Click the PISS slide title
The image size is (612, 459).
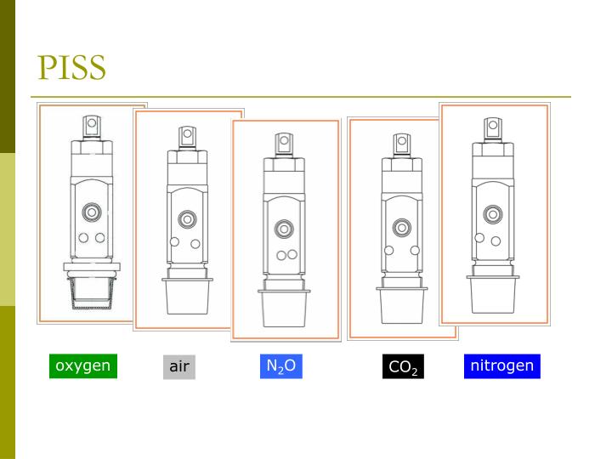(71, 67)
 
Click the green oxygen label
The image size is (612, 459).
(82, 366)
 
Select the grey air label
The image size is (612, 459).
(178, 367)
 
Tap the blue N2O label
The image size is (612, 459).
(280, 366)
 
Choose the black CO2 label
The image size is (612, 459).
(402, 367)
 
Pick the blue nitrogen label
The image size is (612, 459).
(501, 366)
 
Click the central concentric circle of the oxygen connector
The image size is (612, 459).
(91, 212)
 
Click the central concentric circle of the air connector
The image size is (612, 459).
(187, 219)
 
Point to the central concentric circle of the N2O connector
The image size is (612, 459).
(284, 229)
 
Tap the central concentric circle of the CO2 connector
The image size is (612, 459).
(402, 227)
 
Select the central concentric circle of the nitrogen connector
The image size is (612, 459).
(492, 214)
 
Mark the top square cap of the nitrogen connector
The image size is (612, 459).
(492, 128)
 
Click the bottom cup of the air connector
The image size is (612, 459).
(188, 297)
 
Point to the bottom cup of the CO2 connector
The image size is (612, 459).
(402, 306)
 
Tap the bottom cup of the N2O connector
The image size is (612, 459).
(284, 309)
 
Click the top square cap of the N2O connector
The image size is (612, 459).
(284, 142)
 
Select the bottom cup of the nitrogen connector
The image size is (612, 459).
(491, 294)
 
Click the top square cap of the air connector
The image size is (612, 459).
(187, 136)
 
